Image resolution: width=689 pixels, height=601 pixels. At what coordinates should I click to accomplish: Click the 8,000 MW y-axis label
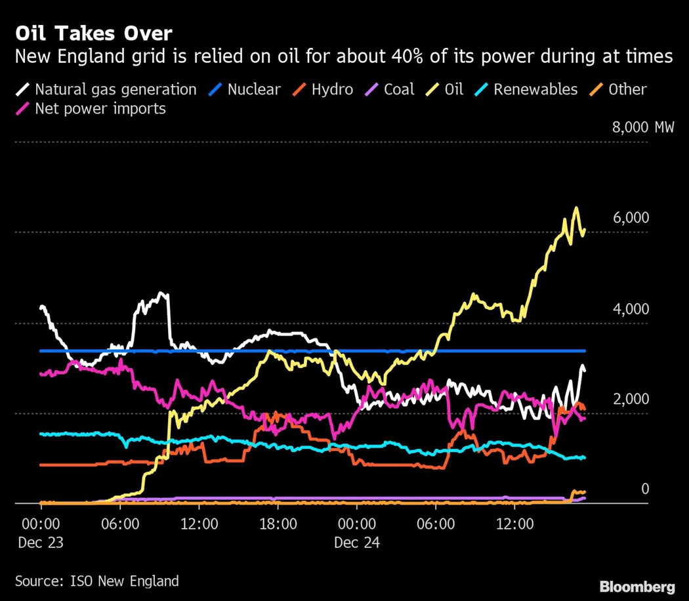pos(642,127)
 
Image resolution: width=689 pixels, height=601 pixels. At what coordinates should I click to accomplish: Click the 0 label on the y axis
pos(645,489)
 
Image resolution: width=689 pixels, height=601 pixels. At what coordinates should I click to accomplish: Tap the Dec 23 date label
pos(41,543)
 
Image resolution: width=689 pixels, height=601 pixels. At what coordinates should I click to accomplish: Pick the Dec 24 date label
pos(356,543)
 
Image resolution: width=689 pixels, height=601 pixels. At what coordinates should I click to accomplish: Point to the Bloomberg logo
pos(637,586)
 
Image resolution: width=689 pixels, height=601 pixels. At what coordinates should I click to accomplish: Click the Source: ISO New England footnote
pos(96,581)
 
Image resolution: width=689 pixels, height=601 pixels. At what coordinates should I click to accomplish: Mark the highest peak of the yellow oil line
pos(576,209)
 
